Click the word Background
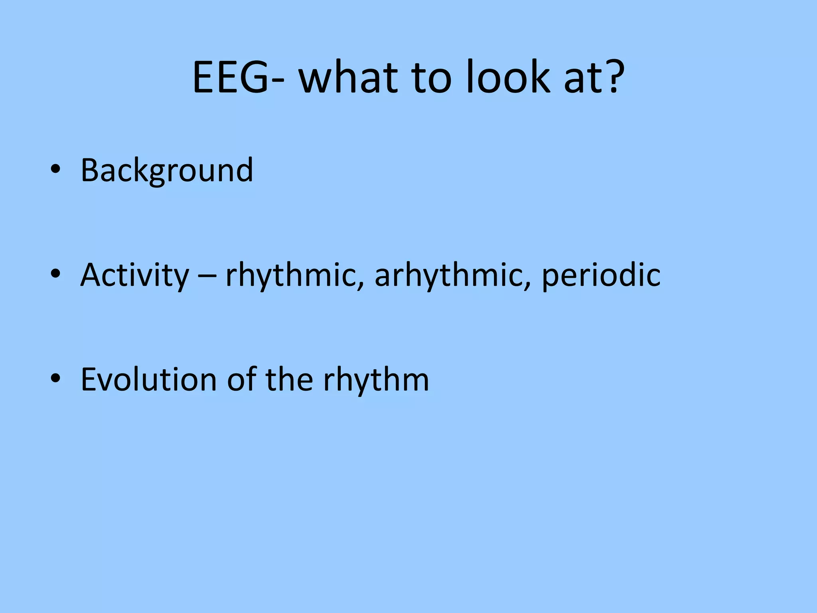point(167,171)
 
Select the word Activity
point(134,275)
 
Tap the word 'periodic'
point(601,275)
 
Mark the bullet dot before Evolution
point(55,378)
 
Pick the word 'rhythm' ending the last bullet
point(376,380)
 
